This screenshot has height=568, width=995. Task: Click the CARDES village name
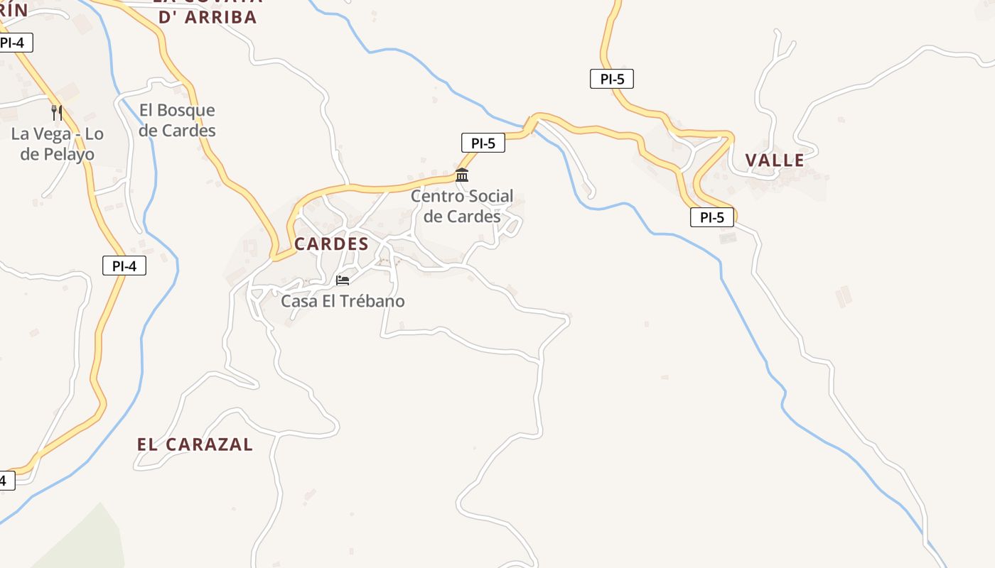pos(331,244)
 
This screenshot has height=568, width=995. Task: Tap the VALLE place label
pos(775,160)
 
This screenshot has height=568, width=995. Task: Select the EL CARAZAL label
pos(195,444)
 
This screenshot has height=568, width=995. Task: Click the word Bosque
pos(186,110)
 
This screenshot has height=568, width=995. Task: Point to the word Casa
pos(297,301)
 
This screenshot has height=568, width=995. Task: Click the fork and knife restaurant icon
pos(57,112)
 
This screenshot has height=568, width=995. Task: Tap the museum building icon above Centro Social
pos(462,175)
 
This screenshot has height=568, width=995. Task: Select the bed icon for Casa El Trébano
pos(343,280)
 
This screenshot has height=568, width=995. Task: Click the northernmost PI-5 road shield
pos(611,79)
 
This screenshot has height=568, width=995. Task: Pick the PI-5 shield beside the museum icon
pos(483,143)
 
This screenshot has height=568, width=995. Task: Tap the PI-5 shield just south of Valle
pos(711,217)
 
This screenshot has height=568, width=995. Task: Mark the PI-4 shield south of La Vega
pos(124,266)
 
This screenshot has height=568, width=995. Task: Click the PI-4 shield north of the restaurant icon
pos(12,43)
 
